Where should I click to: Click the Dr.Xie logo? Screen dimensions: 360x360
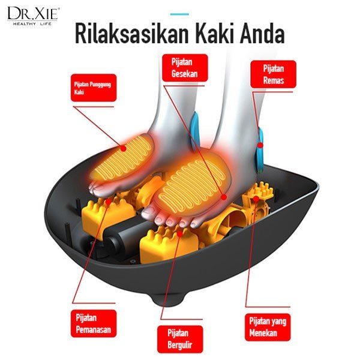(34, 13)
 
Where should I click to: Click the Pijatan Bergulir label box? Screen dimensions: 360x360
(178, 339)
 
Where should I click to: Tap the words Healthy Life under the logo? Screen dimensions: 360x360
(33, 24)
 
